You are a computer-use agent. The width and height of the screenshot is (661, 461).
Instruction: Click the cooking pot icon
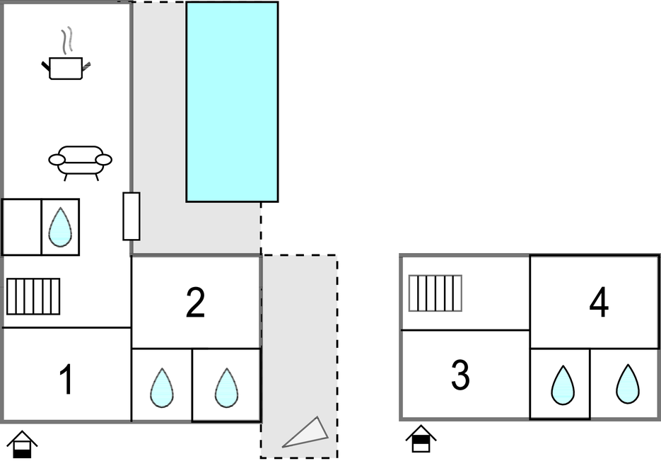(x=66, y=68)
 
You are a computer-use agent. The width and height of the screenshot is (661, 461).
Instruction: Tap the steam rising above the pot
(x=67, y=40)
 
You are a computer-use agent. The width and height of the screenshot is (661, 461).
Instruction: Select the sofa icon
(x=80, y=161)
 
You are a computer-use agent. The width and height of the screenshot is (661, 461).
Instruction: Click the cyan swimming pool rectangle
(x=232, y=102)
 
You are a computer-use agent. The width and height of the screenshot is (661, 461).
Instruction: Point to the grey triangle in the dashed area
(x=308, y=433)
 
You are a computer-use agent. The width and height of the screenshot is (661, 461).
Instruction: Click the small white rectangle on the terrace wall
(x=131, y=216)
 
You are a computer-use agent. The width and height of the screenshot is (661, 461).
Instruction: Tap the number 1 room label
(x=66, y=380)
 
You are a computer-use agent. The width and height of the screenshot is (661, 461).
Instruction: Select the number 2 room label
(x=195, y=303)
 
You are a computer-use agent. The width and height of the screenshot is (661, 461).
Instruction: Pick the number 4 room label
(x=599, y=303)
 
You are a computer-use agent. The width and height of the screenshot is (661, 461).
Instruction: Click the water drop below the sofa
(x=60, y=227)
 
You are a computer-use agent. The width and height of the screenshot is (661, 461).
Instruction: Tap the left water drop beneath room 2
(x=162, y=387)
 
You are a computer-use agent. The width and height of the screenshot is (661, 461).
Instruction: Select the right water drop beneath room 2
(x=226, y=387)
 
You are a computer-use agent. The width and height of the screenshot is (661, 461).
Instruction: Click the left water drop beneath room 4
(x=563, y=385)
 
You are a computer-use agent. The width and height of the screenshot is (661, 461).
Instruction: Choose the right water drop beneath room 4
(x=627, y=385)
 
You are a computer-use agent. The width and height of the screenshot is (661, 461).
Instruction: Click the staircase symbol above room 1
(x=33, y=296)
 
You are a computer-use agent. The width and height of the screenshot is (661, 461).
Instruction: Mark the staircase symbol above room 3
(x=435, y=293)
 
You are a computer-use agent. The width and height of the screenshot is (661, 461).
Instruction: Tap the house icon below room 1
(x=23, y=444)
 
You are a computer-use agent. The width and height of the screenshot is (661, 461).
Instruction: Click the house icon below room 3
(x=421, y=438)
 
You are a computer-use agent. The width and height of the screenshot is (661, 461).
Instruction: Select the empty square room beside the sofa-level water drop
(x=21, y=227)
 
